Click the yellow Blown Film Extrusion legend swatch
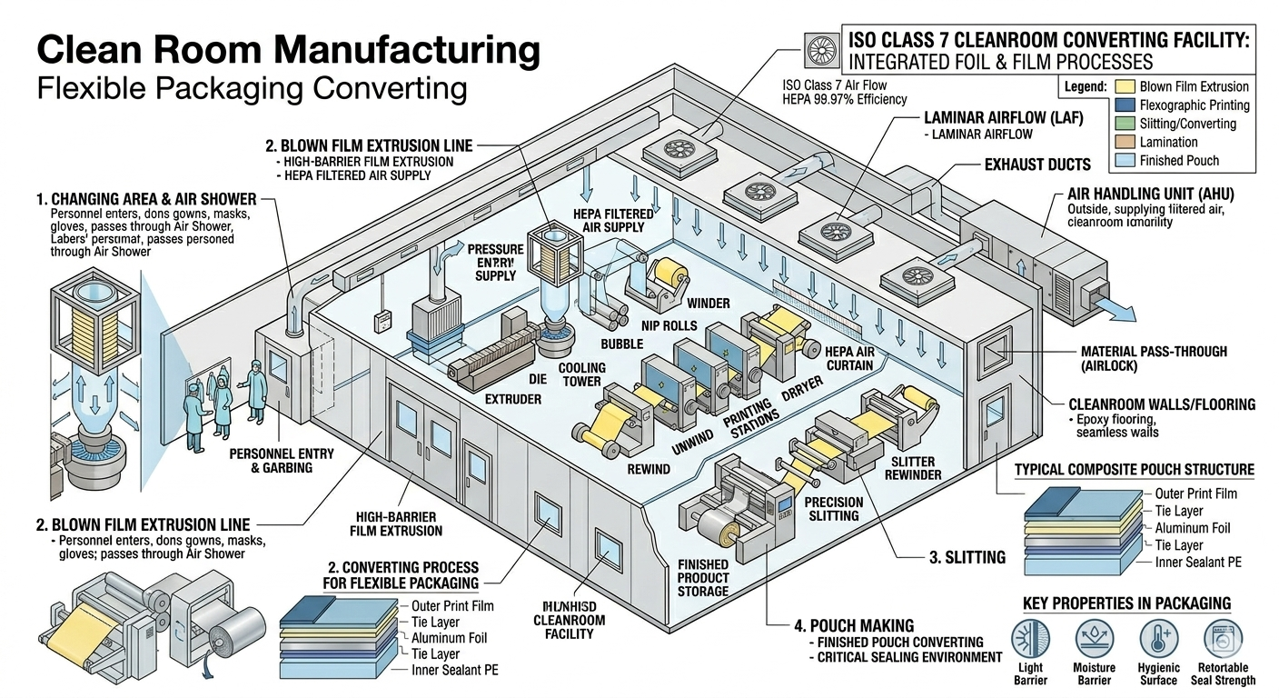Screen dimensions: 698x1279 (x=1125, y=87)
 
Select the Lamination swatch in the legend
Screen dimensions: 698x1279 (x=1125, y=143)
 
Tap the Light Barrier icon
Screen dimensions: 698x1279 (x=1029, y=640)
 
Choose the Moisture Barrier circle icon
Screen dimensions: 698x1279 (x=1094, y=640)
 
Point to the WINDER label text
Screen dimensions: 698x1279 (x=709, y=303)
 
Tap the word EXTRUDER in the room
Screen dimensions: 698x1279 (x=513, y=399)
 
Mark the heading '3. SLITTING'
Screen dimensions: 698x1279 (x=967, y=557)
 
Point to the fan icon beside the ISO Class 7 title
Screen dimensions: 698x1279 (x=818, y=49)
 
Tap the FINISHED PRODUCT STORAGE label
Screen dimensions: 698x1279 (x=703, y=578)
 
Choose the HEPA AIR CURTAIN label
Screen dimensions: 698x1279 (x=848, y=358)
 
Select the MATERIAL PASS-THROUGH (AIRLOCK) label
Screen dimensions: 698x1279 (x=1154, y=358)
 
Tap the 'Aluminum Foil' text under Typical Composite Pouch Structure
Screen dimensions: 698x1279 (x=1193, y=528)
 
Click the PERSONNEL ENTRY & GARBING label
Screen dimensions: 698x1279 (x=282, y=461)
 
